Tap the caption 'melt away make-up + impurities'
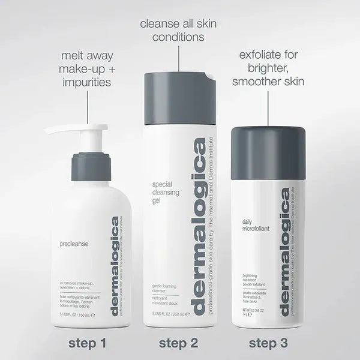[88, 68]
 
